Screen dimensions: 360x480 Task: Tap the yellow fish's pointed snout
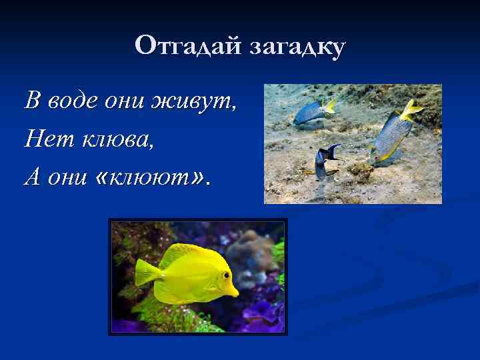pyautogui.click(x=235, y=291)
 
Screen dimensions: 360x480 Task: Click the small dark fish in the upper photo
pyautogui.click(x=325, y=162)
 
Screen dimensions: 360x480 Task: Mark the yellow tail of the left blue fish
pyautogui.click(x=329, y=106)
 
